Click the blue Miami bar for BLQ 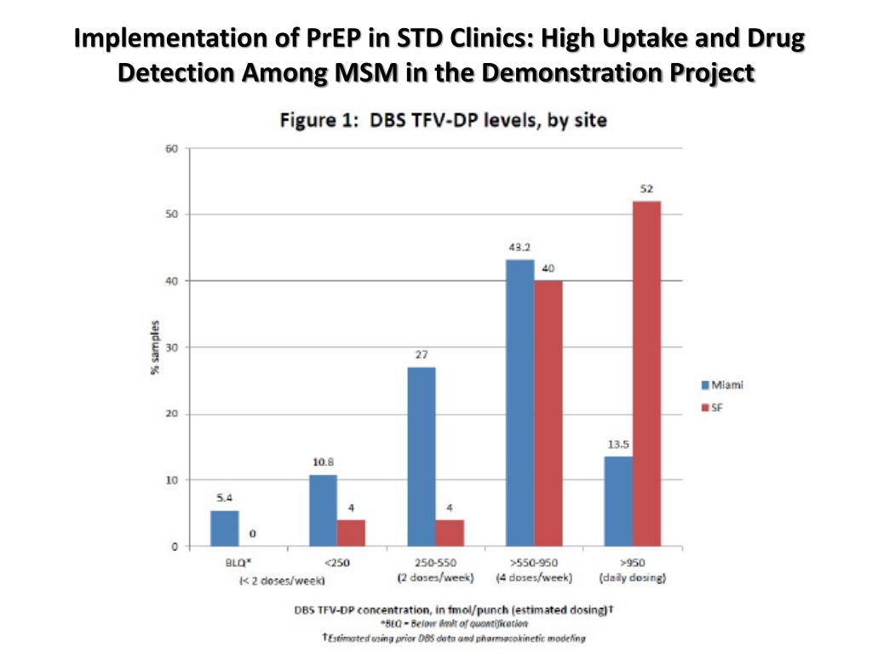tap(225, 528)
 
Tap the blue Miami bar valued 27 tap(422, 456)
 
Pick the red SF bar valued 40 tap(548, 413)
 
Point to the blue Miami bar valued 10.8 tap(323, 510)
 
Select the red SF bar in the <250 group tap(351, 532)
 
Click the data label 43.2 tap(520, 248)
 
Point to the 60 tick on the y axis tap(171, 149)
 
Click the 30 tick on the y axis tap(171, 347)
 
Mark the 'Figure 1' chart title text tap(444, 120)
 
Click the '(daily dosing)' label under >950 tap(632, 578)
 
